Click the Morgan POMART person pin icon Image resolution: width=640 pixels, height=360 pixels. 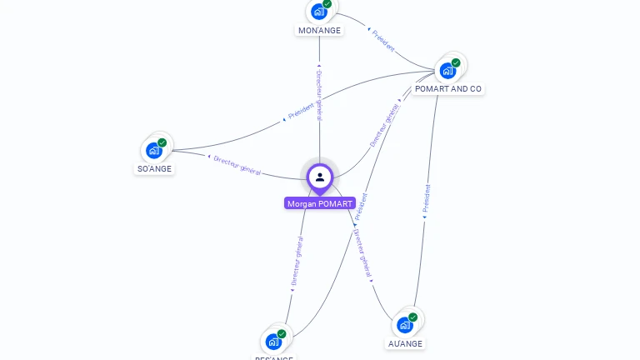point(319,177)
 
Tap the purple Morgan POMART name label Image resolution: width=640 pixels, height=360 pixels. point(320,203)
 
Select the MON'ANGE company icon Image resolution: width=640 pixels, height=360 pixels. point(318,12)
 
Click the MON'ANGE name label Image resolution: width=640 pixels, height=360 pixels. point(319,31)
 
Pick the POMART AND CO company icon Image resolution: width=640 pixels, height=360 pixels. point(447,70)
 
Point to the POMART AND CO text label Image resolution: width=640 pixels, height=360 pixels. point(447,89)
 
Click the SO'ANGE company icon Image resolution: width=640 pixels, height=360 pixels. point(153,150)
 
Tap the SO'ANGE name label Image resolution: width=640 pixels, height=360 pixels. point(154,168)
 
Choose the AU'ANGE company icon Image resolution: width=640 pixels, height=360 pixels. point(405,325)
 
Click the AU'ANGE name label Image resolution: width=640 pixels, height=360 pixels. point(406,343)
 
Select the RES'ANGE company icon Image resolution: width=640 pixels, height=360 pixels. point(272,341)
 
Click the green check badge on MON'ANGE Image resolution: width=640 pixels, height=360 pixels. point(327,4)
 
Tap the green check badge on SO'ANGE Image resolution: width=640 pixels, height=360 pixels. point(162,142)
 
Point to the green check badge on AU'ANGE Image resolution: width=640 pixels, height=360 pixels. point(413,317)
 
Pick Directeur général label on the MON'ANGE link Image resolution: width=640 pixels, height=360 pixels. point(319,95)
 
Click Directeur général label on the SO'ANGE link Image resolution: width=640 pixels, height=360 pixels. point(237,164)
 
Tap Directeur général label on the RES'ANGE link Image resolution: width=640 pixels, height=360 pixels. point(296,262)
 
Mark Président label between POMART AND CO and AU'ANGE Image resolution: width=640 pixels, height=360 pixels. point(427,201)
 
